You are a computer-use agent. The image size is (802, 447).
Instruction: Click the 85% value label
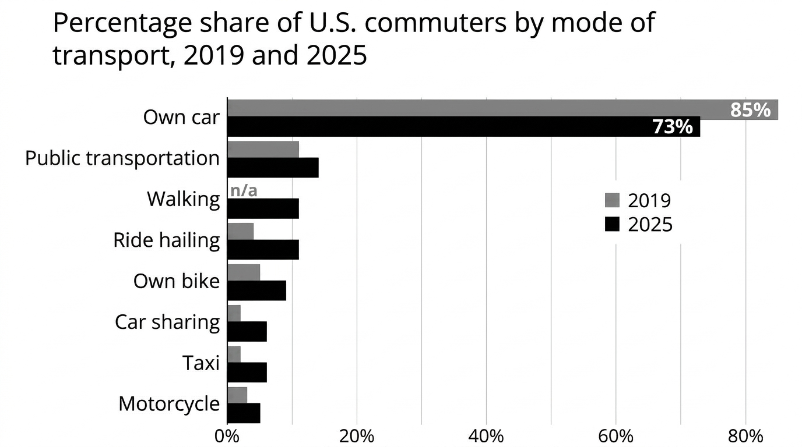pos(751,110)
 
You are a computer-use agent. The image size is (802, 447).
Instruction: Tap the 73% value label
pos(673,127)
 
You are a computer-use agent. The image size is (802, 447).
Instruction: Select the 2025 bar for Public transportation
pos(273,168)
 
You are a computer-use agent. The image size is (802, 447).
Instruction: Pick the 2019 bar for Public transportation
pos(263,150)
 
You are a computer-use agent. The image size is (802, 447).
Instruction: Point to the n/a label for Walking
pos(244,190)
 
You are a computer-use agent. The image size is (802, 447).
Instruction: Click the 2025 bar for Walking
pos(263,208)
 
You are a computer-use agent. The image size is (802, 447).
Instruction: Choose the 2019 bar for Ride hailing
pos(241,232)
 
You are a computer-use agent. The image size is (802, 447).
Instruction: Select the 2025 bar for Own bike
pos(256,290)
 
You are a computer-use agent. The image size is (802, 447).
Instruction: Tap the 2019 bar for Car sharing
pos(234,313)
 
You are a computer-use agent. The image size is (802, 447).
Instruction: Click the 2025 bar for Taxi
pos(247,372)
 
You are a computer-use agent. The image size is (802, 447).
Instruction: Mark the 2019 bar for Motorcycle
pos(237,395)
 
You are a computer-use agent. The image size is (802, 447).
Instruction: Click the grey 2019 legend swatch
pos(612,200)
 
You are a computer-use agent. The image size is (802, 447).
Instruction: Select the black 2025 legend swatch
pos(612,225)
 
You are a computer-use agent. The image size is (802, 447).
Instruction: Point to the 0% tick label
pos(227,437)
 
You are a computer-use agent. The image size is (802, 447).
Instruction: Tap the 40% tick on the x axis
pos(486,437)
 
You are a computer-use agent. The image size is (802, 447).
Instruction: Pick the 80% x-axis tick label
pos(745,437)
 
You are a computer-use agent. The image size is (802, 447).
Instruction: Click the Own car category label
pos(181,117)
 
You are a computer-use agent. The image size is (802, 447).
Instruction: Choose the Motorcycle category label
pos(169,404)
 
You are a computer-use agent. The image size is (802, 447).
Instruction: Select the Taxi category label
pos(201,363)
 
